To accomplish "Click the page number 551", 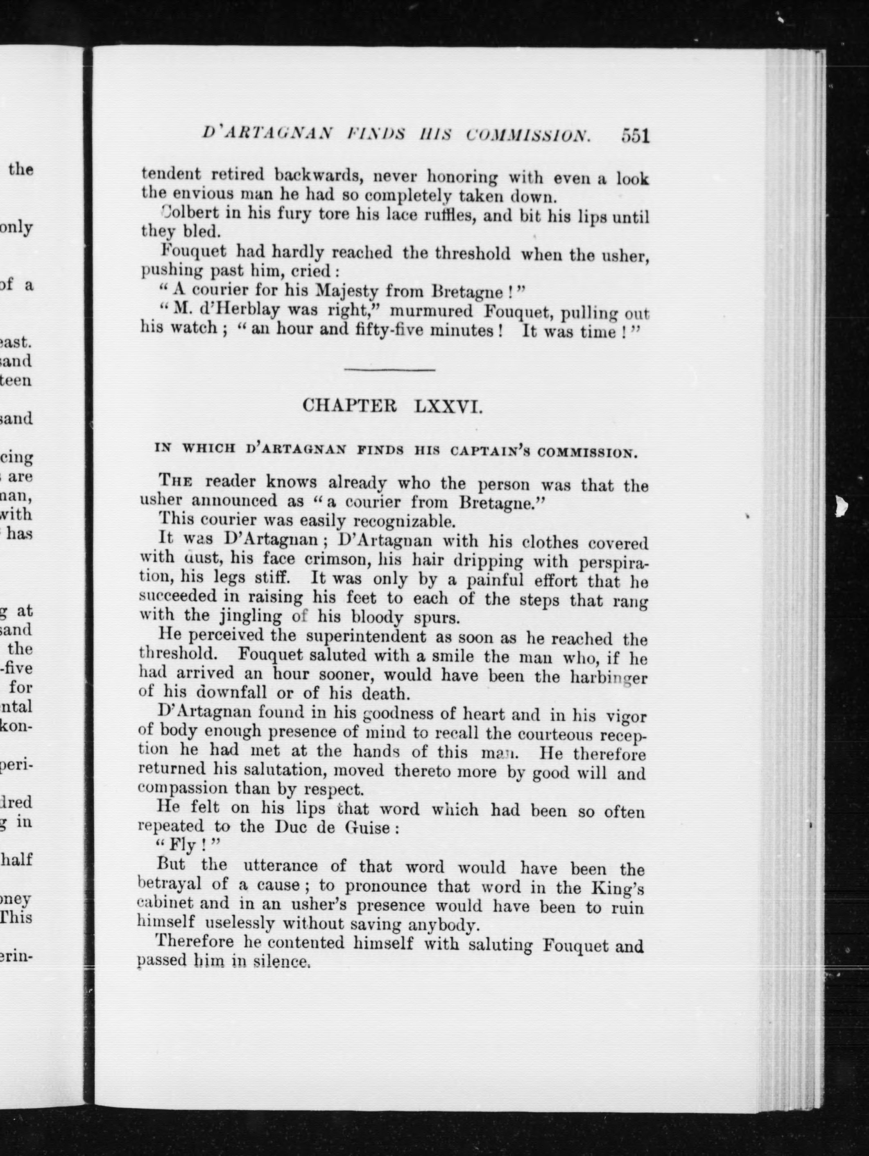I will tap(635, 137).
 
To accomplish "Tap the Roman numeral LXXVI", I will tap(448, 407).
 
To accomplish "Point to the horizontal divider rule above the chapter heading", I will tap(389, 370).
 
